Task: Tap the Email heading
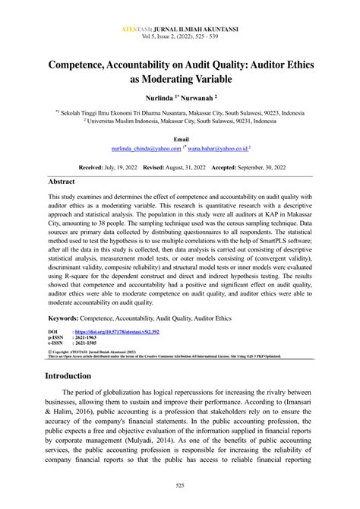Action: coord(180,141)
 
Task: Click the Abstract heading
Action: coord(62,183)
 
